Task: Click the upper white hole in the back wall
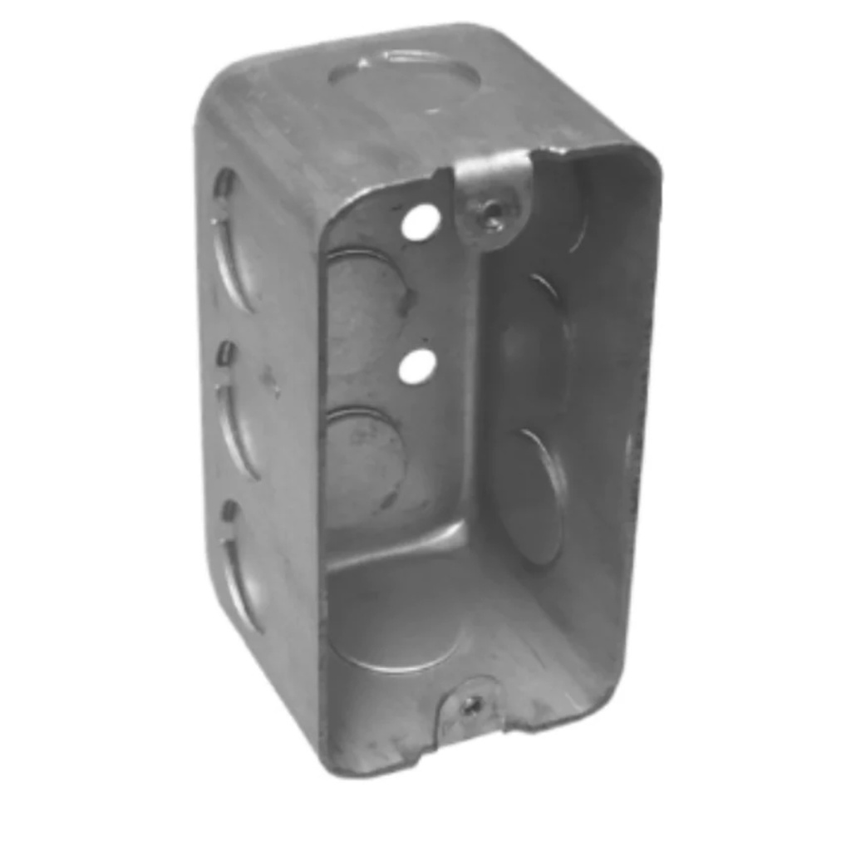point(421,222)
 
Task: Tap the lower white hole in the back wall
point(417,366)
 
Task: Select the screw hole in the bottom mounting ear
point(472,706)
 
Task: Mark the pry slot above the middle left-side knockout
point(225,353)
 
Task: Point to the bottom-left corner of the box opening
point(332,756)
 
